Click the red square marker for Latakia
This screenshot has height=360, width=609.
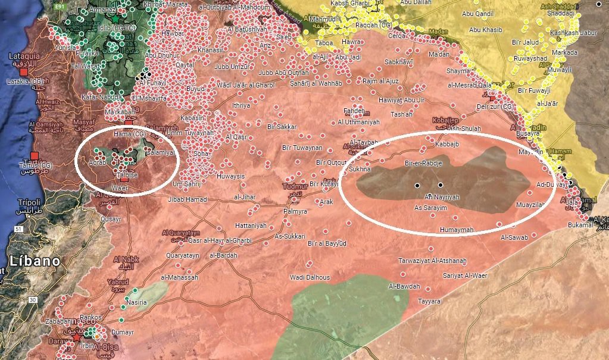24,71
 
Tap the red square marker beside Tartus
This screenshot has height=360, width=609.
34,156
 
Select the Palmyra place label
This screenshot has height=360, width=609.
295,211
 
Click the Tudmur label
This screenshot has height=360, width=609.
293,187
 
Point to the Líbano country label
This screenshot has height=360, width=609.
35,261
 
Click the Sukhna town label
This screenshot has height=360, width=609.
360,169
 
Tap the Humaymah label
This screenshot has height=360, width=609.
456,230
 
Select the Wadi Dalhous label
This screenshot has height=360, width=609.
310,277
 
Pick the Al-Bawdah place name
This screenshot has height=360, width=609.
404,287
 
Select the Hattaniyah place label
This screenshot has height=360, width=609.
251,226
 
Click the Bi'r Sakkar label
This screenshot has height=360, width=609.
282,127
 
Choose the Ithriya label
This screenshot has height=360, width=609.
241,105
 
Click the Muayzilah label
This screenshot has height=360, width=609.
531,205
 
